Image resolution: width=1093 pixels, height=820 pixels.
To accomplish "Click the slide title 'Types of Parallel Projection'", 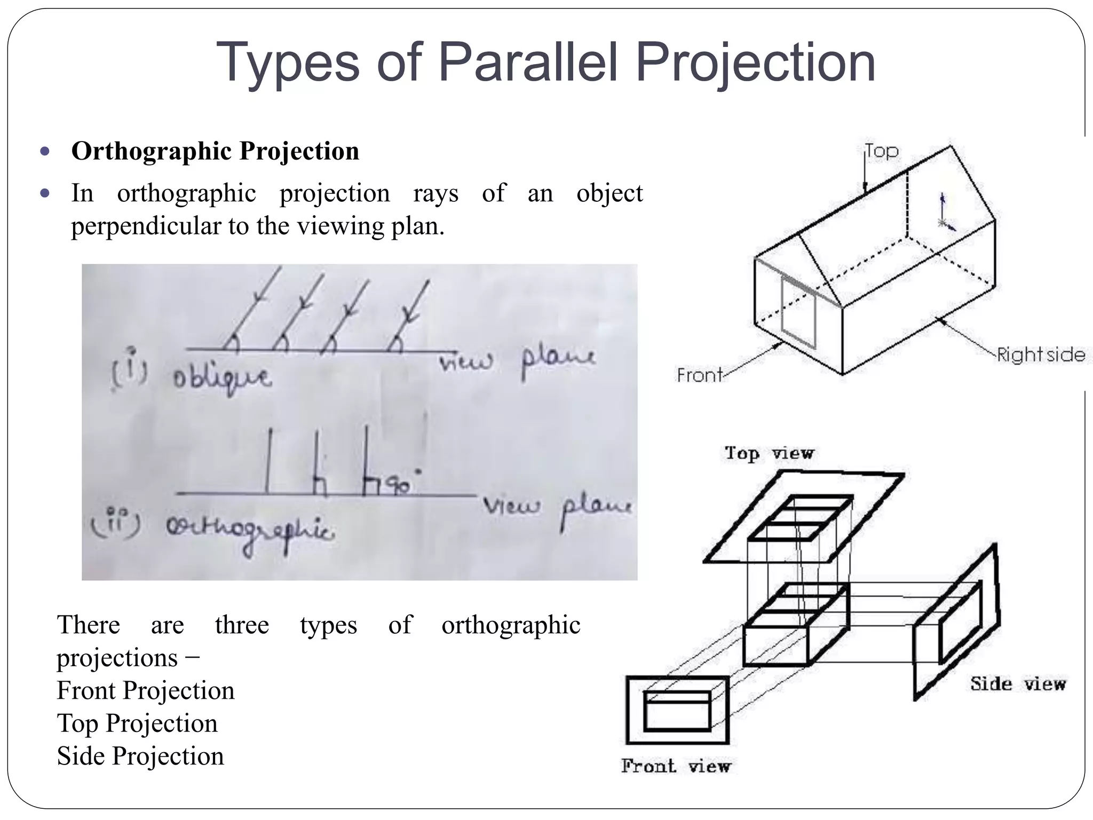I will [x=545, y=63].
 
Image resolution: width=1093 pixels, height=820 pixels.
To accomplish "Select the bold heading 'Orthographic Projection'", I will [x=215, y=151].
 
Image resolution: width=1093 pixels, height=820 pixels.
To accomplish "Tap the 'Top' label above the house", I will [x=882, y=151].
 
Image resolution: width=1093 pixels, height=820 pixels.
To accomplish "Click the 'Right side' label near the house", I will [x=1041, y=355].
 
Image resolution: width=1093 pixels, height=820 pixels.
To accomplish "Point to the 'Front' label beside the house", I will [x=699, y=375].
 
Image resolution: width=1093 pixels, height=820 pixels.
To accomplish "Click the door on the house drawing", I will [x=798, y=313].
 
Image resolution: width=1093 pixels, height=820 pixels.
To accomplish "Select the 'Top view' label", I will [x=769, y=453].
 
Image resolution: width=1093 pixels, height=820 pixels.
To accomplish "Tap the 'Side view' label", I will [x=1018, y=684].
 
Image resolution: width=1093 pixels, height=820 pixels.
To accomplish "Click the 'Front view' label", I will [x=676, y=767].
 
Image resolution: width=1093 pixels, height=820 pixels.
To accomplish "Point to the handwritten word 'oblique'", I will [x=222, y=379].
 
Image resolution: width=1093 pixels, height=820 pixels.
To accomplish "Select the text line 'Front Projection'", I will [x=146, y=691].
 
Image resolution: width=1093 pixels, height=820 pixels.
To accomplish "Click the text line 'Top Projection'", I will [x=137, y=724].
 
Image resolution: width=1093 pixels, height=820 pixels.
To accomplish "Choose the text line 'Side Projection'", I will [x=140, y=756].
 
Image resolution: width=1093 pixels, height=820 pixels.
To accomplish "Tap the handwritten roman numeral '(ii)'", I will [x=116, y=523].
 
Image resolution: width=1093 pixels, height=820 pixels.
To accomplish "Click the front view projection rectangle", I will [x=677, y=711].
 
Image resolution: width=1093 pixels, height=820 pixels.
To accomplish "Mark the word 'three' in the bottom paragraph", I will [x=242, y=625].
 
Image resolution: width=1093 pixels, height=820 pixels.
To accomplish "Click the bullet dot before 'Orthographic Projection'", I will [x=45, y=151].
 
